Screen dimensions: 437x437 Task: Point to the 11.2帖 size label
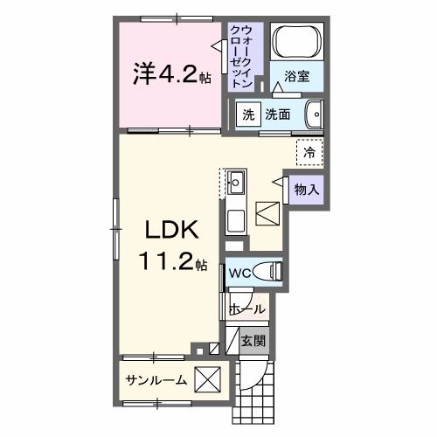point(171,260)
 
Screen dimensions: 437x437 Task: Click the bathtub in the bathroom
point(297,41)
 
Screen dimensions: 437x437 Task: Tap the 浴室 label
point(298,77)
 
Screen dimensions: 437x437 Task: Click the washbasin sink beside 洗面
point(316,114)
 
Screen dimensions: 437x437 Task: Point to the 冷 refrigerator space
point(309,153)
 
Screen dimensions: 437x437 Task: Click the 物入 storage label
point(306,188)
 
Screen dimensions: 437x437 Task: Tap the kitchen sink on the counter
point(237,184)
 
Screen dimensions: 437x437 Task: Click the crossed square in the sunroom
point(208,380)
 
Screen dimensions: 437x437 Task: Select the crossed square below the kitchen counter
point(267,212)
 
